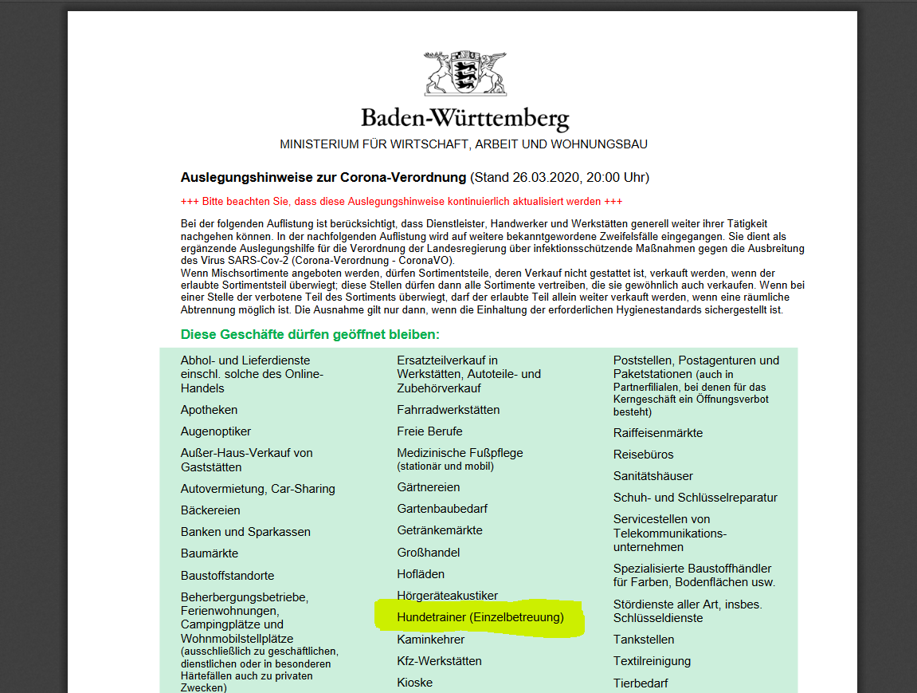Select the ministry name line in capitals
click(x=463, y=144)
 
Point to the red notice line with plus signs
click(x=402, y=202)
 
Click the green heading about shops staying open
click(x=310, y=334)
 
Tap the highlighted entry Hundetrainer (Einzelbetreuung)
click(x=480, y=617)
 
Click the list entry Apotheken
click(x=209, y=410)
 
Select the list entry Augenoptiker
click(x=216, y=431)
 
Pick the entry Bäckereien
click(x=210, y=510)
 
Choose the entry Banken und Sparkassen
click(x=245, y=532)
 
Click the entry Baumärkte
click(x=210, y=553)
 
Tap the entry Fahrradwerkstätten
click(x=449, y=410)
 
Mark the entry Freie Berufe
click(x=429, y=431)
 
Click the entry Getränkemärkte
click(x=440, y=530)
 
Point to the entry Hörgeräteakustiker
click(x=448, y=596)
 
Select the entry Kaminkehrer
click(x=431, y=640)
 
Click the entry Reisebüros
click(x=643, y=455)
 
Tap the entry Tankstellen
click(x=644, y=640)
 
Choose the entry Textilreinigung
click(x=652, y=661)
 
